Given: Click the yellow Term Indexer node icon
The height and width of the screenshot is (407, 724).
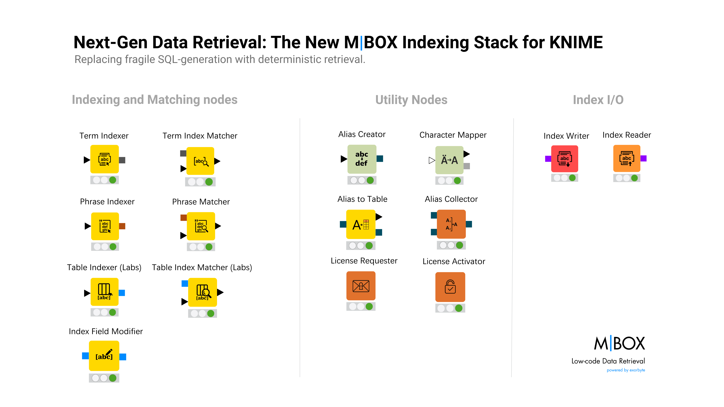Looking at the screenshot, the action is [x=105, y=159].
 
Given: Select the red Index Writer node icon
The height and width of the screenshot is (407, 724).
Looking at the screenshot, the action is [x=565, y=159].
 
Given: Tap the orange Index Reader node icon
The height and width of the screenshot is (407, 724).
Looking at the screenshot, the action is [x=627, y=158].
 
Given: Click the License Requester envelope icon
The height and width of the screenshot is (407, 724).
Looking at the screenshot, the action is [x=361, y=286].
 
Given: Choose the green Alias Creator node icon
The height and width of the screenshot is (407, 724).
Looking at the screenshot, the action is [x=362, y=159].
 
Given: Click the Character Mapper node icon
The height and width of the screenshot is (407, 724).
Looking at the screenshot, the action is [x=449, y=160].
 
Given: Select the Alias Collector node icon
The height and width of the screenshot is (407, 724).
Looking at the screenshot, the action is [x=451, y=224].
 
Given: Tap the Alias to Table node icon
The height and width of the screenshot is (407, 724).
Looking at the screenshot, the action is [x=361, y=224].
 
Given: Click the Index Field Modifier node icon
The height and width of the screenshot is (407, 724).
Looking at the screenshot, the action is [x=104, y=356].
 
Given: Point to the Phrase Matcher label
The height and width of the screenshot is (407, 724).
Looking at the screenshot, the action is [x=201, y=202].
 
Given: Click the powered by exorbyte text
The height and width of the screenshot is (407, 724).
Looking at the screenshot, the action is [x=626, y=370].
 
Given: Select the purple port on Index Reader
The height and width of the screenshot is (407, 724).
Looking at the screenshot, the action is [x=644, y=158].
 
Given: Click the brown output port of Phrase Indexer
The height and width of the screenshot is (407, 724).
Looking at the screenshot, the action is [x=122, y=226].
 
